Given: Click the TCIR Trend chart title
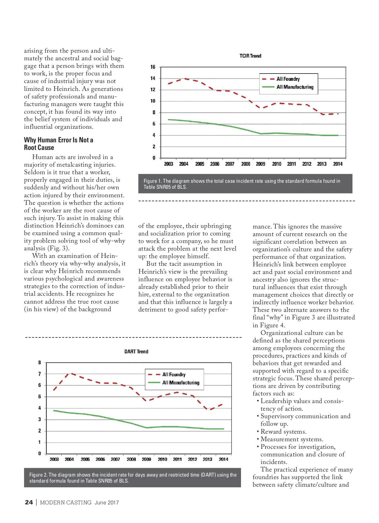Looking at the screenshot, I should click(x=250, y=56).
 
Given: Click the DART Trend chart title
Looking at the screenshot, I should click(x=136, y=352).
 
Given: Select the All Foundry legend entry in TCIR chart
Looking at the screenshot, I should click(x=288, y=79).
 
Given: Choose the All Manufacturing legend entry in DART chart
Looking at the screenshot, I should click(x=181, y=383).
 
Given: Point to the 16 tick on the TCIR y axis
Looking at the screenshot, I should click(x=153, y=67).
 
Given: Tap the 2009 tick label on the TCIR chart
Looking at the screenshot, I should click(x=261, y=164).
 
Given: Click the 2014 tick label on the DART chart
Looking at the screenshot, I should click(x=223, y=459).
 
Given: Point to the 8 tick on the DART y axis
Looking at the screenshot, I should click(x=40, y=362).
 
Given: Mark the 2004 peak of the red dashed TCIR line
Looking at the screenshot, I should click(x=185, y=79).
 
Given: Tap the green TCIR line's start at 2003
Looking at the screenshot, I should click(x=169, y=120).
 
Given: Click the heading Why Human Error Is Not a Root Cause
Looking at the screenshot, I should click(x=58, y=144).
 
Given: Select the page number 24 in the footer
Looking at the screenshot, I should click(x=29, y=502).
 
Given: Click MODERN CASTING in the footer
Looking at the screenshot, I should click(x=66, y=502).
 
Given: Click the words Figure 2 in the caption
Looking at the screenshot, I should click(x=38, y=475).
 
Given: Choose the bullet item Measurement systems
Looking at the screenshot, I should click(x=292, y=439).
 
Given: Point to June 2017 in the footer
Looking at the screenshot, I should click(x=107, y=502).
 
